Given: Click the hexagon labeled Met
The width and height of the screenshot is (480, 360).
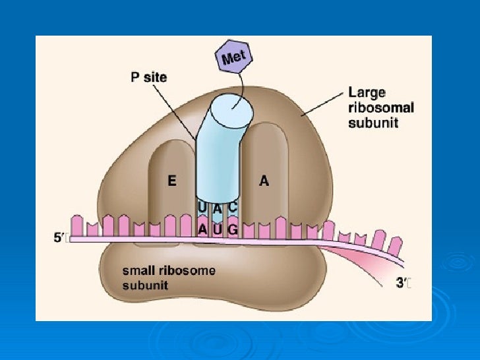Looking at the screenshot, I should click(x=234, y=58).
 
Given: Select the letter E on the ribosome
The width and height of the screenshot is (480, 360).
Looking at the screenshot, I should click(x=172, y=182).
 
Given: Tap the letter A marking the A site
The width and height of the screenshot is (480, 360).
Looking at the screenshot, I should click(x=264, y=182).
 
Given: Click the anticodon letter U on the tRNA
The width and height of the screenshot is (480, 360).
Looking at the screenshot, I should click(x=202, y=207).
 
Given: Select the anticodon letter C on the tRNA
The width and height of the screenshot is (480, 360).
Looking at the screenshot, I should click(x=233, y=206).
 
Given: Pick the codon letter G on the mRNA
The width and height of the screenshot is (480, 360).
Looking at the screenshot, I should click(x=232, y=229).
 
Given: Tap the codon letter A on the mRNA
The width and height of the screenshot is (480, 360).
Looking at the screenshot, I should click(x=203, y=229).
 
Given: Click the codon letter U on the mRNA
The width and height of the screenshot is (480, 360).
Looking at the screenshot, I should click(x=218, y=229).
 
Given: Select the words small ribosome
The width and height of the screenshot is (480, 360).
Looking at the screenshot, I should click(x=169, y=271).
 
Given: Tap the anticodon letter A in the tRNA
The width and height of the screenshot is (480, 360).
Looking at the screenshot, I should click(x=218, y=209).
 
